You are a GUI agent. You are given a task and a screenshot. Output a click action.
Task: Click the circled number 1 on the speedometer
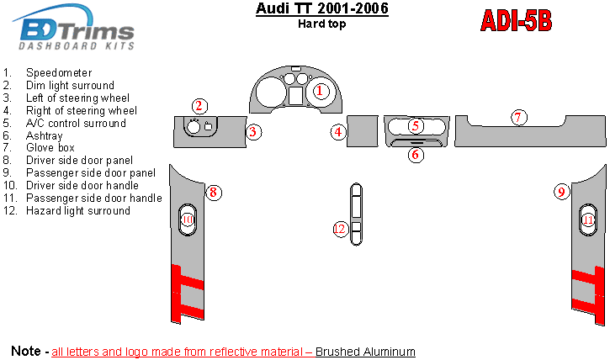(320, 90)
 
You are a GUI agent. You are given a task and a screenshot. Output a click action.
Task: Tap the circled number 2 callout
(199, 106)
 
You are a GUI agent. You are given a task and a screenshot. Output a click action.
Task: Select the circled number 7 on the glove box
(519, 118)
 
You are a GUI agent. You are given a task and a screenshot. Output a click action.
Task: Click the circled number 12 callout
(340, 229)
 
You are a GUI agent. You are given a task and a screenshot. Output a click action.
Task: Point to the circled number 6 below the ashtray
(416, 154)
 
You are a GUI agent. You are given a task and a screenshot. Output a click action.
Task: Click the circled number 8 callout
(214, 193)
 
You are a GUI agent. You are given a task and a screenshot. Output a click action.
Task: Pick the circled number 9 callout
(561, 193)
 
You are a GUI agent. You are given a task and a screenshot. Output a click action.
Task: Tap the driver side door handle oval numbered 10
(187, 220)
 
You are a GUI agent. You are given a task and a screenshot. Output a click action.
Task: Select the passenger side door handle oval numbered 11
(588, 220)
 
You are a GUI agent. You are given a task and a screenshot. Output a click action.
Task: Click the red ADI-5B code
(516, 19)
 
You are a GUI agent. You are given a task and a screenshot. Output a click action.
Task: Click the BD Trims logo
(76, 31)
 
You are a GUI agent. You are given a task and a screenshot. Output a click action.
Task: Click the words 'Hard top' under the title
(321, 24)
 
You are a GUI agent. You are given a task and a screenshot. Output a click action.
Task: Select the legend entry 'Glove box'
(50, 148)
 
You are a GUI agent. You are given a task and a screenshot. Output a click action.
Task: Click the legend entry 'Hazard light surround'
(78, 211)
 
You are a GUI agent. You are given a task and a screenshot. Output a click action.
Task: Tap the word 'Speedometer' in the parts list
(59, 73)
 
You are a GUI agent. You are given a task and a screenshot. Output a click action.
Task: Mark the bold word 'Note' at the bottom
(26, 350)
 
